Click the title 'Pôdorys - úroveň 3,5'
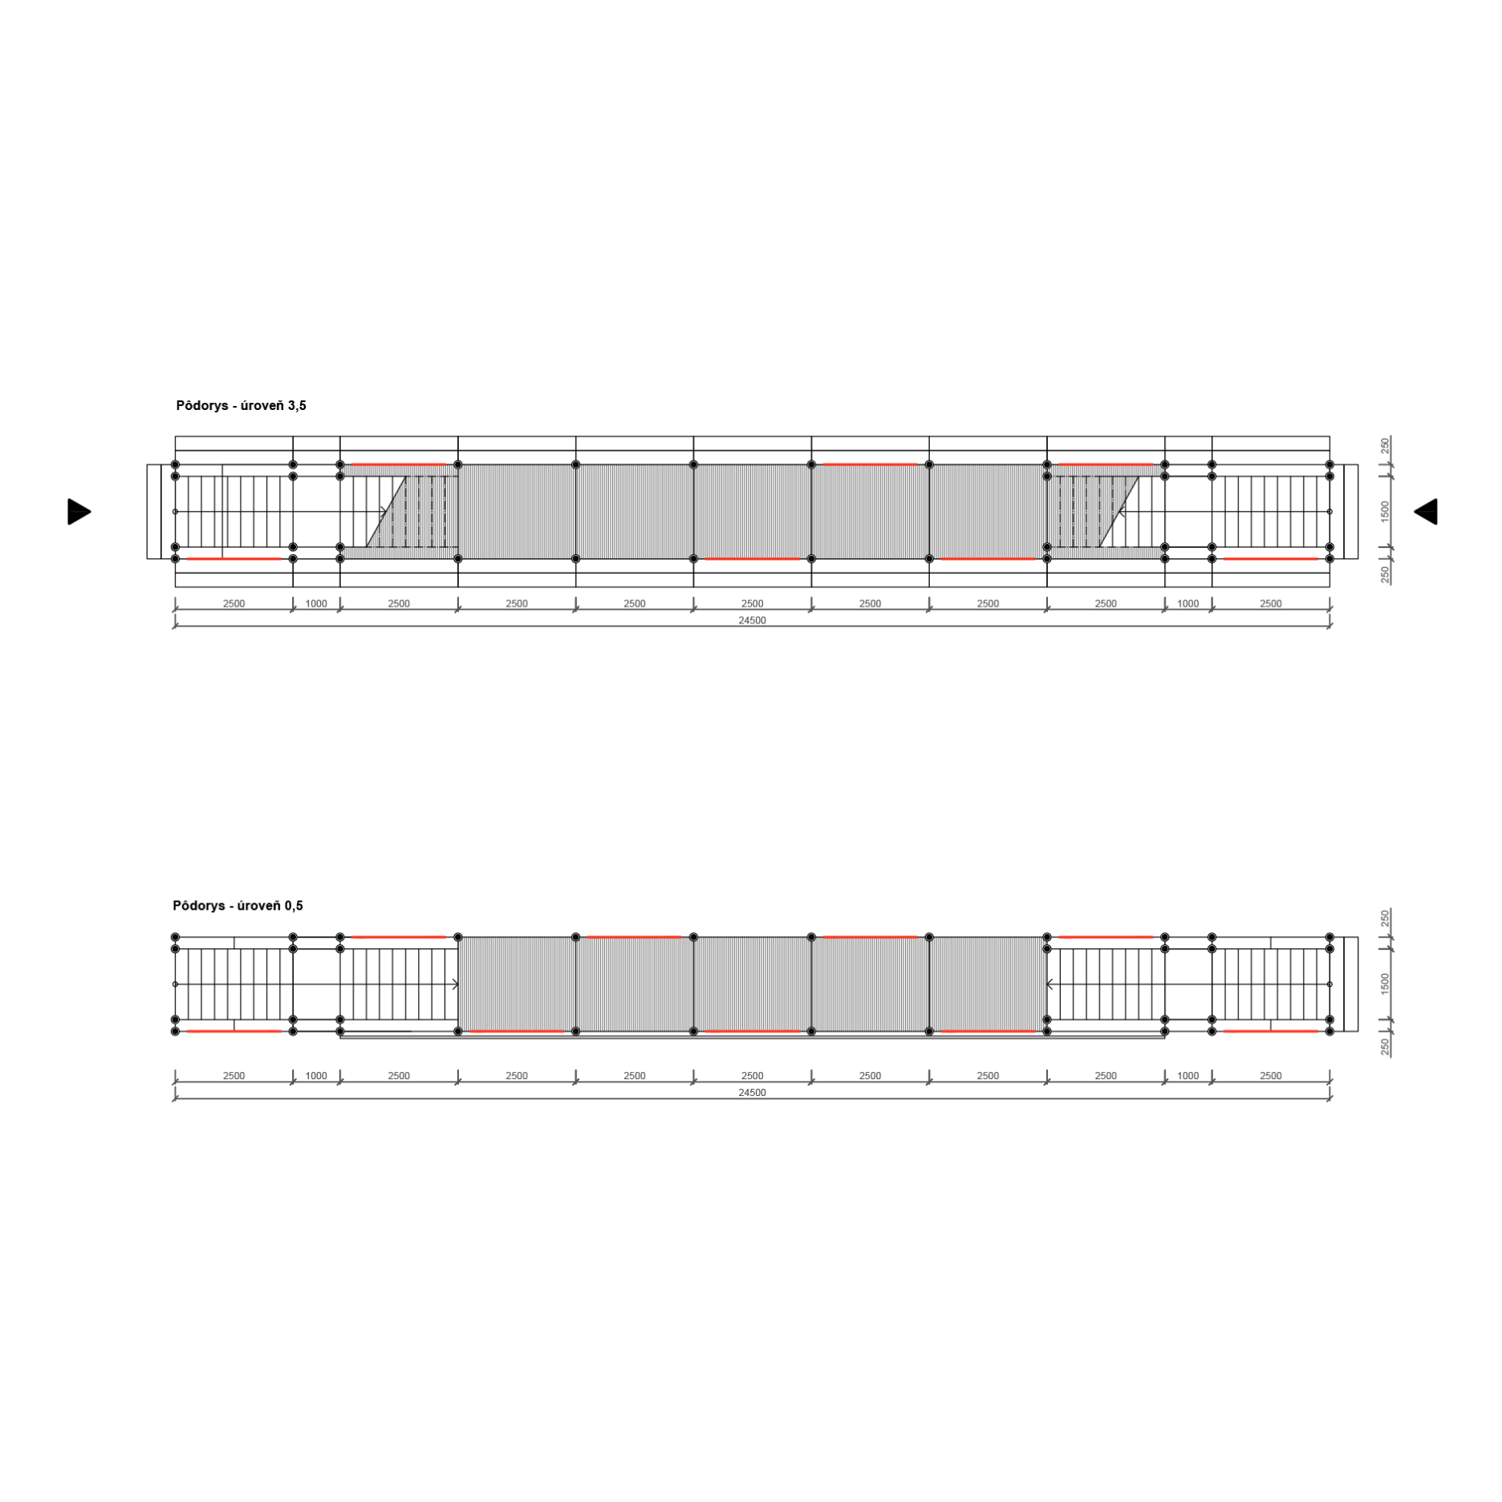(241, 405)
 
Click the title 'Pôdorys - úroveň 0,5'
(237, 905)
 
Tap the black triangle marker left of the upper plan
(79, 511)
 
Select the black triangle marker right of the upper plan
(1425, 511)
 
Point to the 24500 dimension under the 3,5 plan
(752, 620)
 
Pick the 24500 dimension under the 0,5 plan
(752, 1092)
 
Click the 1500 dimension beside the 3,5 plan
(1385, 511)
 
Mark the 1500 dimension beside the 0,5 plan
(1385, 984)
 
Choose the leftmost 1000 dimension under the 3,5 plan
(316, 603)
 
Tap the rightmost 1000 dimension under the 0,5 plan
(1187, 1075)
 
